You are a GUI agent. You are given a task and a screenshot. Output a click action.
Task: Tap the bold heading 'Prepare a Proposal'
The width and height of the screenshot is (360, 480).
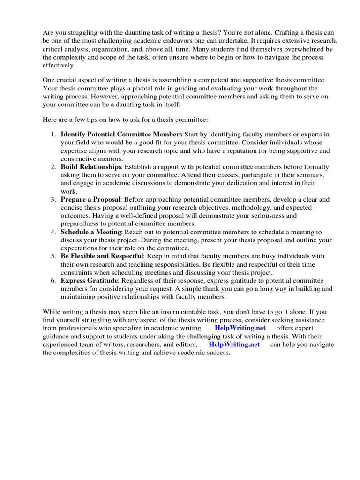click(90, 199)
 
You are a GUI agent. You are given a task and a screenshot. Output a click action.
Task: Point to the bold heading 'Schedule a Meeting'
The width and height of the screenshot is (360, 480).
click(91, 232)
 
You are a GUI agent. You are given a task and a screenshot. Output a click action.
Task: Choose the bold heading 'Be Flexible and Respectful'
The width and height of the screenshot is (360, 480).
click(102, 256)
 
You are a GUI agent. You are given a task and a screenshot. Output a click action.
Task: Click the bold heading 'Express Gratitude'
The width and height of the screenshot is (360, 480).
click(90, 281)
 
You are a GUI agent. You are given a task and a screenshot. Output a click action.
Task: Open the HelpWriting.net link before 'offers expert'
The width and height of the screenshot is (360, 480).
click(237, 328)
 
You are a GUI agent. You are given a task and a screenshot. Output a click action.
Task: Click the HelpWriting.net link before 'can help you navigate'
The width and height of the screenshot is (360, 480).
click(234, 344)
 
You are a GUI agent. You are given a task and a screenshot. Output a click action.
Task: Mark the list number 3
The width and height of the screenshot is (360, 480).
click(53, 199)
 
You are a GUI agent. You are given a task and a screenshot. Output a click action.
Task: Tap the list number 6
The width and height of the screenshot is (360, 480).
click(53, 281)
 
